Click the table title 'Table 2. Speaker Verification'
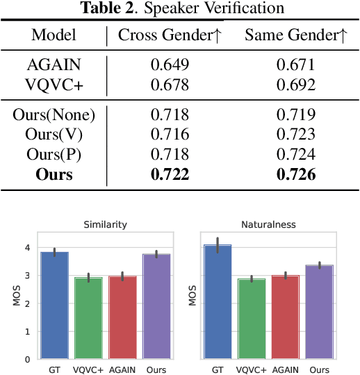pos(179,8)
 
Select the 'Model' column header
pos(54,35)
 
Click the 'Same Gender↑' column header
pos(295,35)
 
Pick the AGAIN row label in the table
pos(54,65)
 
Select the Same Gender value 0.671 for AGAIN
pos(295,65)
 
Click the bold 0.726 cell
pos(295,174)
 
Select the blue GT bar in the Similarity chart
pos(54,306)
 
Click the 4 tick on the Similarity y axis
pos(26,248)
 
